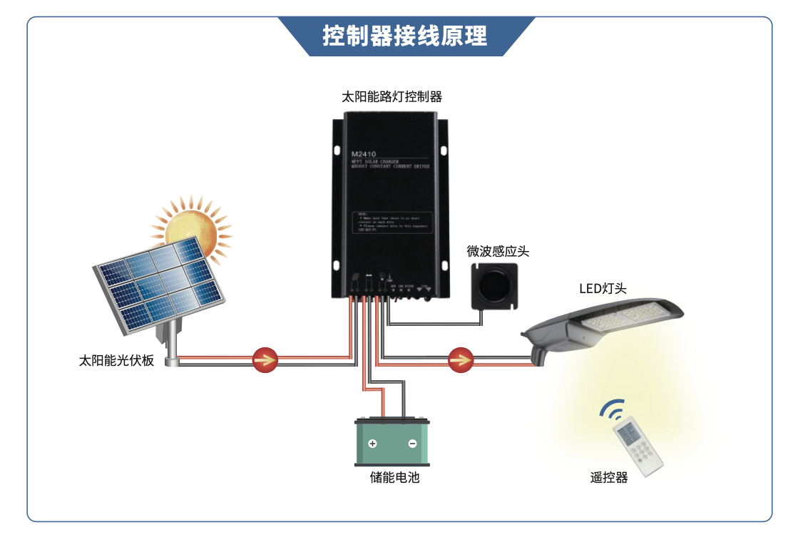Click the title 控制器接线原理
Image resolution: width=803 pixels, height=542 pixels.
(404, 35)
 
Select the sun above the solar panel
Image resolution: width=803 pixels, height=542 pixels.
(190, 227)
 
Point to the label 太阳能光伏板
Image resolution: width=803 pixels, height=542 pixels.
(116, 360)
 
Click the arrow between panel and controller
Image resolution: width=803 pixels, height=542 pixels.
(265, 360)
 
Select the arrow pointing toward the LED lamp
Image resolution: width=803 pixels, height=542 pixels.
(461, 360)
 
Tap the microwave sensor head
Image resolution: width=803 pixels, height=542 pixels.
(494, 286)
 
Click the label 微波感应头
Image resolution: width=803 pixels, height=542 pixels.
(498, 251)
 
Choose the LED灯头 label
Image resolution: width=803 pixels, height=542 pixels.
(603, 289)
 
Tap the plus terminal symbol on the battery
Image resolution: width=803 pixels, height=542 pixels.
(372, 444)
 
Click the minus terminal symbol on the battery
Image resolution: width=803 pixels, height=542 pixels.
(412, 444)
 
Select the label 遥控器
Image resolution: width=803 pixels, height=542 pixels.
(609, 477)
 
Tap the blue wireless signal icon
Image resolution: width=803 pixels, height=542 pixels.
(612, 409)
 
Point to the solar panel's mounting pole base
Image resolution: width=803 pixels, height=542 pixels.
(171, 361)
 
